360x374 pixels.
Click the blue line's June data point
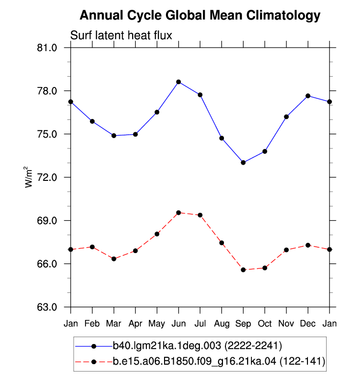[x=179, y=82]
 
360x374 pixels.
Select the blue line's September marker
[x=243, y=163]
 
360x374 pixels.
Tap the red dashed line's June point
[x=179, y=213]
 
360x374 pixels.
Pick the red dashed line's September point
[x=243, y=270]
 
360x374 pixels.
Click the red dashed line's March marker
[x=114, y=259]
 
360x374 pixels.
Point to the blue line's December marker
[x=308, y=96]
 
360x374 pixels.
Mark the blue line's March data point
[x=114, y=136]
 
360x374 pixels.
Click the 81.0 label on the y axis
[x=47, y=48]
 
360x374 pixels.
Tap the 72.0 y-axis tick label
[x=47, y=177]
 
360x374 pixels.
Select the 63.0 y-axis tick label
[x=47, y=307]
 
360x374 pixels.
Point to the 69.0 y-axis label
[x=47, y=221]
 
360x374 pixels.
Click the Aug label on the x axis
[x=222, y=324]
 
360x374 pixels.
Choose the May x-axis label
[x=157, y=324]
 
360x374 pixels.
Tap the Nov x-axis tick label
[x=286, y=324]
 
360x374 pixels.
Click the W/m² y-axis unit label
[x=28, y=177]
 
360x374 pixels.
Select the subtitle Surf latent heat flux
[x=121, y=35]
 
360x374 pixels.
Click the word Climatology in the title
[x=283, y=16]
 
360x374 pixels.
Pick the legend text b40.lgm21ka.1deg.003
[x=167, y=345]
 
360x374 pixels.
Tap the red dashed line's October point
[x=265, y=268]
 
